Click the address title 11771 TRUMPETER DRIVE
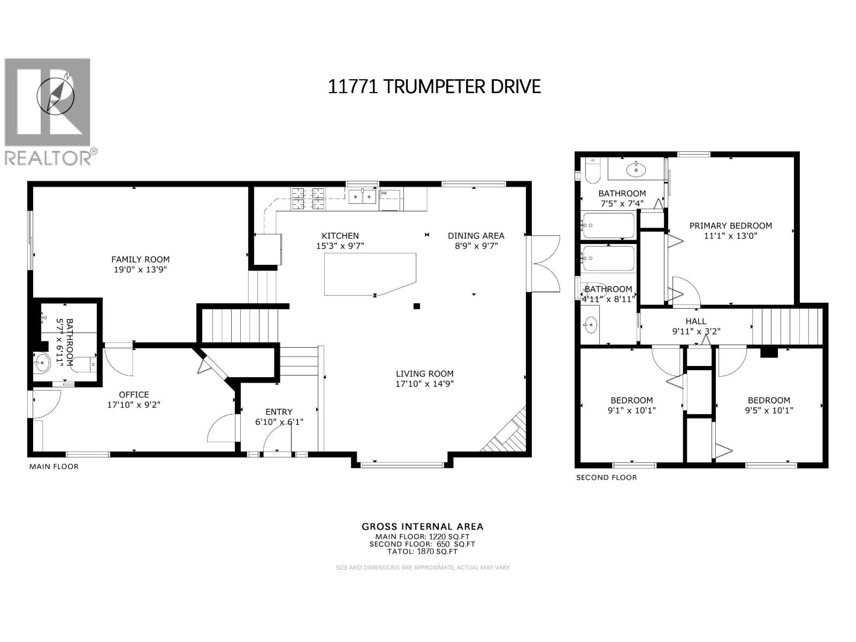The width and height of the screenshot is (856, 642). [434, 86]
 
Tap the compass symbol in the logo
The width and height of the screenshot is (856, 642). [55, 94]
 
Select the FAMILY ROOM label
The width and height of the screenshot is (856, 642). [140, 259]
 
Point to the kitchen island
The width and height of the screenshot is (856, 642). [369, 273]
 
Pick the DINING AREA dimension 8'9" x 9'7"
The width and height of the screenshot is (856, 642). [476, 246]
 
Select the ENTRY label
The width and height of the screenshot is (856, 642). [279, 412]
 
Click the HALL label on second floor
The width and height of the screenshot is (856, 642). [695, 322]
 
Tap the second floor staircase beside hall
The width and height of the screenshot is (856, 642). [786, 326]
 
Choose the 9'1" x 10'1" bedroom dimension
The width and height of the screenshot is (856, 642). [631, 410]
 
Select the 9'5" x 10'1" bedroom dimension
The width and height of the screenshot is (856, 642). [769, 410]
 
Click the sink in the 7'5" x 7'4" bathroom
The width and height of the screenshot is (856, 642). [636, 171]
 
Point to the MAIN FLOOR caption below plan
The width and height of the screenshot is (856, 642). [53, 467]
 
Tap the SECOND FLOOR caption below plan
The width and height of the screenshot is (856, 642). [606, 477]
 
